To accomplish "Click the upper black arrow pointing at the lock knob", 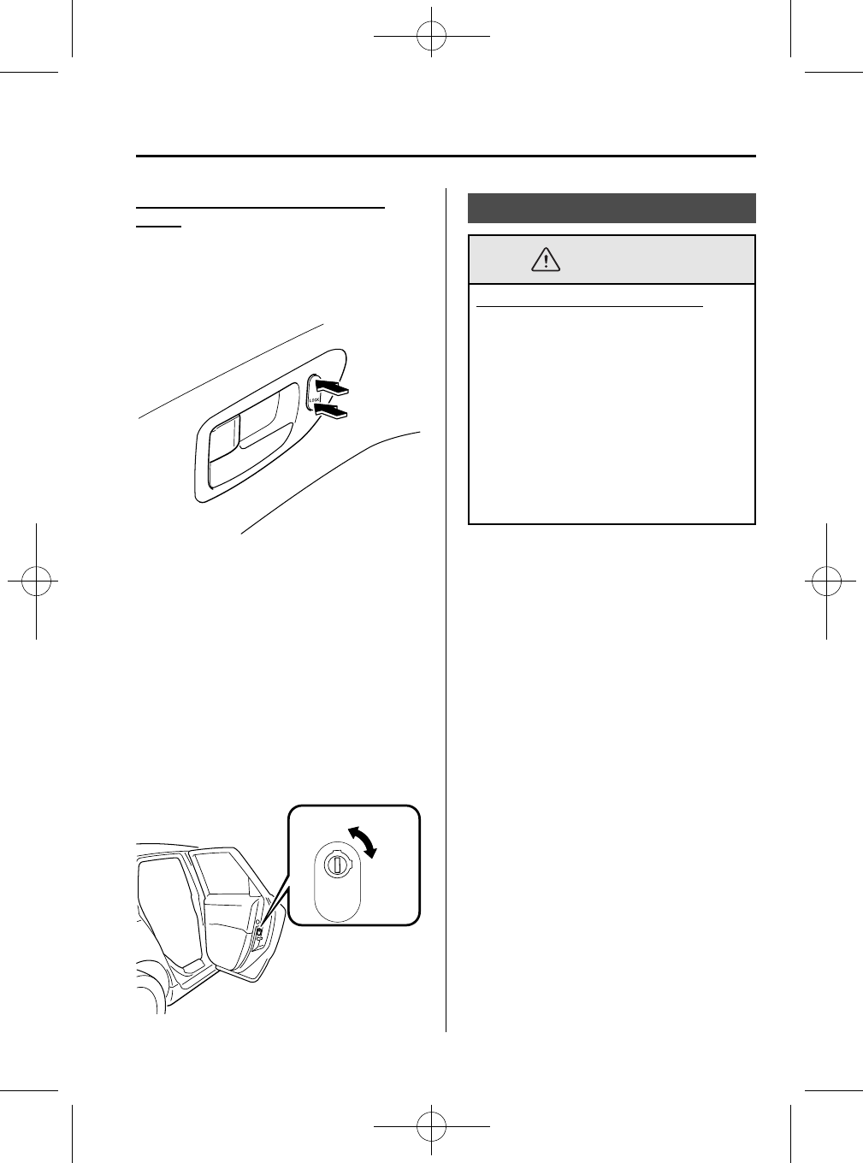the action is (331, 390).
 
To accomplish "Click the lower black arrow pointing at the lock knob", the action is (331, 414).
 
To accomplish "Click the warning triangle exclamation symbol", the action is (545, 259).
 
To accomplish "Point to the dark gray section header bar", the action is (612, 208).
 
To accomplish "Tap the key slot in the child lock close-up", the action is (338, 865).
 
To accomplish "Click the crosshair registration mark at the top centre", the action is (431, 36).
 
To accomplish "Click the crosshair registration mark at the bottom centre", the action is (431, 1125).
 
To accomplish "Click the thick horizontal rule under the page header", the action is (446, 156).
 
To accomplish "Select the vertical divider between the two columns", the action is (446, 599).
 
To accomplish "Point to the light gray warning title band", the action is (650, 260).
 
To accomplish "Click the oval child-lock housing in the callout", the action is (339, 881).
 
